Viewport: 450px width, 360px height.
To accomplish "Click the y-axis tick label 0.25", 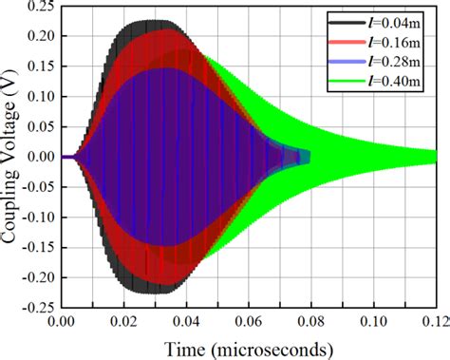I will tap(38, 7).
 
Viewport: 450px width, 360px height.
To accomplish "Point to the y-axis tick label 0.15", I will tap(38, 66).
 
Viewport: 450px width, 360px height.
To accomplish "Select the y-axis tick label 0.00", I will tap(38, 157).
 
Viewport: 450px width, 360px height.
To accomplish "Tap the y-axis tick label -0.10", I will tap(36, 217).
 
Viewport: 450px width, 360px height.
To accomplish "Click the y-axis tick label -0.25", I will tap(36, 307).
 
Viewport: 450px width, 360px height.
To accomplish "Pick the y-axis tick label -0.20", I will tap(36, 276).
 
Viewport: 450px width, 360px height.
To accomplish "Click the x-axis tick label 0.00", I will tap(61, 320).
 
